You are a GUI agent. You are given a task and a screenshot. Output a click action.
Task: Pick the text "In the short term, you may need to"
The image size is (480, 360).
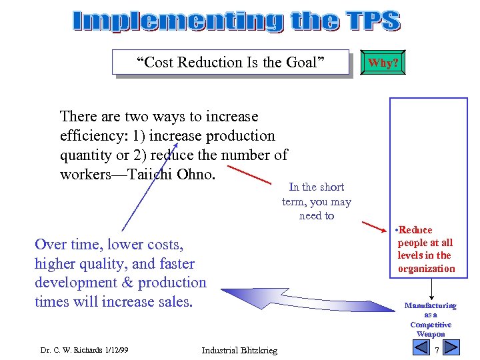(316, 201)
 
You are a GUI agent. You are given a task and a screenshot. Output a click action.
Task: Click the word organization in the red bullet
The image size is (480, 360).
(427, 269)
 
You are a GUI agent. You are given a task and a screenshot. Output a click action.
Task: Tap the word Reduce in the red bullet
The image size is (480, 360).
(415, 230)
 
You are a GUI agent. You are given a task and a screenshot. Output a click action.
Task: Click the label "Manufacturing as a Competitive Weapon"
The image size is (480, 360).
(431, 319)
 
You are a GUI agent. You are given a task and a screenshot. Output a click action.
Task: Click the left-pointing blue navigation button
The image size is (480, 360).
(420, 347)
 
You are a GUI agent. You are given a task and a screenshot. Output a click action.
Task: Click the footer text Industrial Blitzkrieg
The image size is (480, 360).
(239, 351)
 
